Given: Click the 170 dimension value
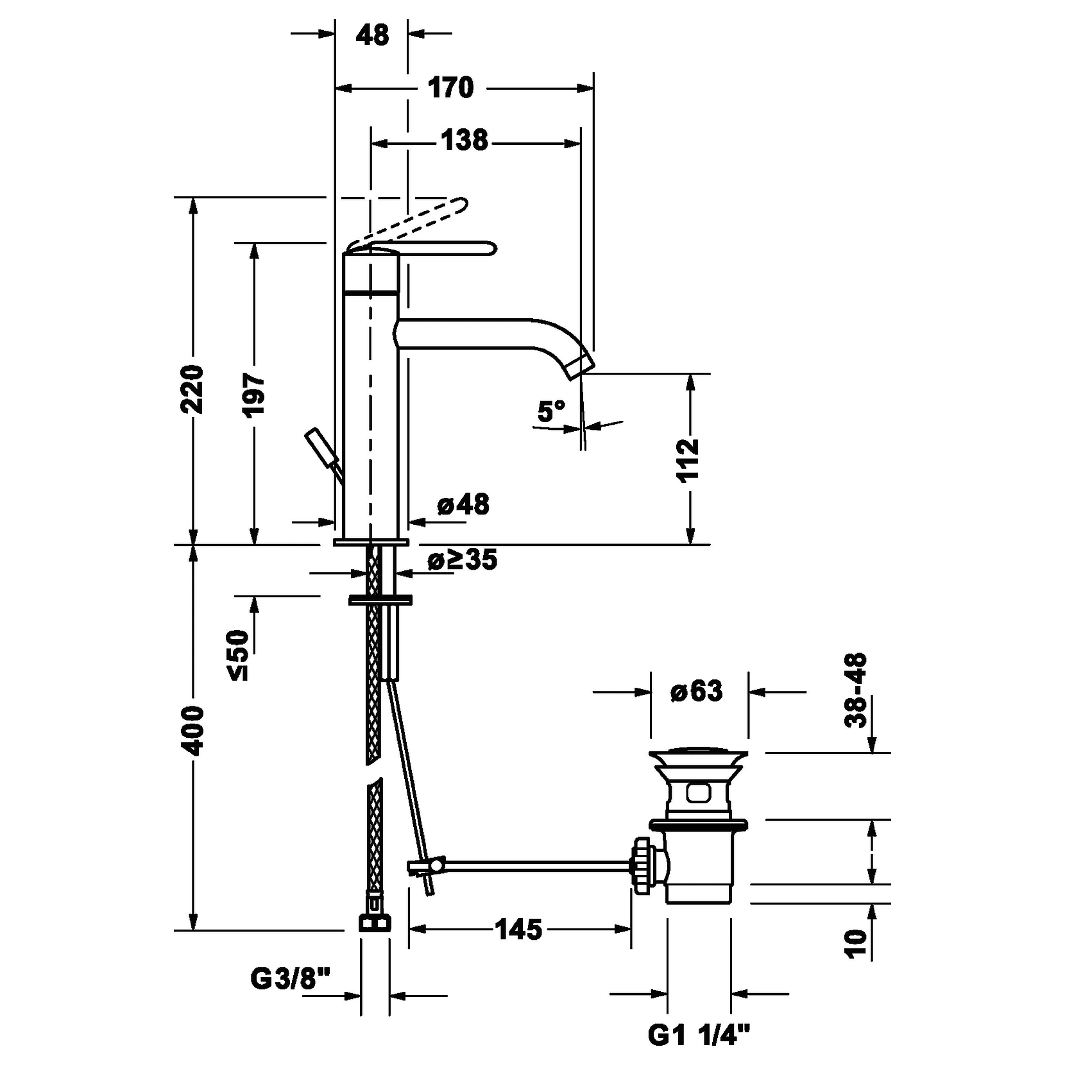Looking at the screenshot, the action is click(x=450, y=87).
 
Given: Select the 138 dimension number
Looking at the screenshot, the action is click(x=464, y=140).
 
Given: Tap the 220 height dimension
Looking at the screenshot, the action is click(x=192, y=389).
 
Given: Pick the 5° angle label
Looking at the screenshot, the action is click(x=551, y=411).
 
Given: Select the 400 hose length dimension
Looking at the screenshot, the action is click(x=192, y=731).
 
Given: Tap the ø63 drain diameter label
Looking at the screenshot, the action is click(x=696, y=691).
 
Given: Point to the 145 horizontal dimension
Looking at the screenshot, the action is click(x=519, y=929).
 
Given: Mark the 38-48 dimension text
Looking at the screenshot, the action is click(x=856, y=690).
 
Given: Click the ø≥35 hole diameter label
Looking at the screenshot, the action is click(x=463, y=560).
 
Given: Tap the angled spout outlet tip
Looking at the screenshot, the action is click(x=579, y=366).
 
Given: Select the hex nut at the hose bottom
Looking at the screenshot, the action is click(x=373, y=922).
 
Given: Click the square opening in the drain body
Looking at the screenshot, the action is click(x=698, y=793).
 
